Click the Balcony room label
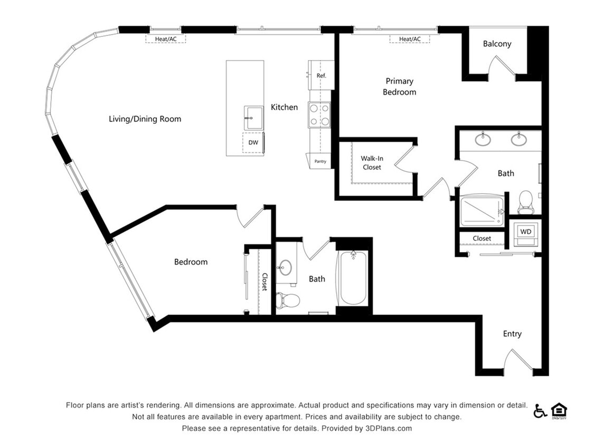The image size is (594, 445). [x=497, y=44]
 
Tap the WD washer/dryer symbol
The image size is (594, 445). [x=526, y=233]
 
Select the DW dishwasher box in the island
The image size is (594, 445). [x=253, y=143]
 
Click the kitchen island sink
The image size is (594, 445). [x=253, y=117]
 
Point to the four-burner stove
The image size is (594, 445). [x=319, y=115]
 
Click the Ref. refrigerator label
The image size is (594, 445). [x=321, y=76]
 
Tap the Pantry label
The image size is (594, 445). [x=319, y=161]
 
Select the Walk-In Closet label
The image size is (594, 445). [x=372, y=162]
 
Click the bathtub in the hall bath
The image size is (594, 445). [x=353, y=278]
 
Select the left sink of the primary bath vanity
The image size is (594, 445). [x=482, y=140]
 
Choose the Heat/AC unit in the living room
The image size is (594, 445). [x=166, y=39]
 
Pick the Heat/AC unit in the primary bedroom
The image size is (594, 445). [x=410, y=39]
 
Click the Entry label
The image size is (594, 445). [x=512, y=334]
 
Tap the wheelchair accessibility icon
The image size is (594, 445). [x=540, y=411]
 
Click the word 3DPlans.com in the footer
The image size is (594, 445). [x=388, y=429]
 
